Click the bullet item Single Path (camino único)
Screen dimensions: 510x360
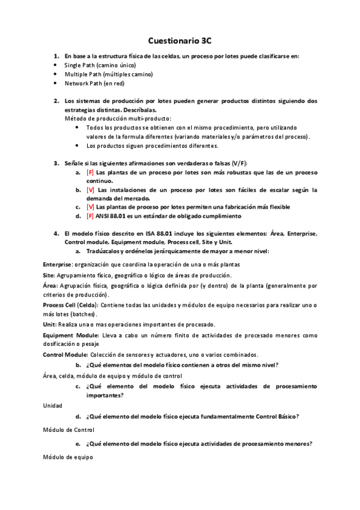point(100,65)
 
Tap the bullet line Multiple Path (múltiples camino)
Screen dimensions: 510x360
point(108,74)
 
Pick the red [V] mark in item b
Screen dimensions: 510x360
point(90,190)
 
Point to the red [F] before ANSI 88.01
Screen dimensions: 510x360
point(90,216)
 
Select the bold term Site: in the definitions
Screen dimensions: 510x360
point(49,274)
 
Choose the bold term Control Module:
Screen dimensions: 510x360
point(65,355)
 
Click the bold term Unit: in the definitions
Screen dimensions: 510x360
point(50,324)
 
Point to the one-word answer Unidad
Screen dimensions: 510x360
point(52,406)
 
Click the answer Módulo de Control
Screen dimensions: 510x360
point(69,429)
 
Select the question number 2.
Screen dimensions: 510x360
point(55,101)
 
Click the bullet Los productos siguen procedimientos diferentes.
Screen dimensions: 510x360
point(153,146)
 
